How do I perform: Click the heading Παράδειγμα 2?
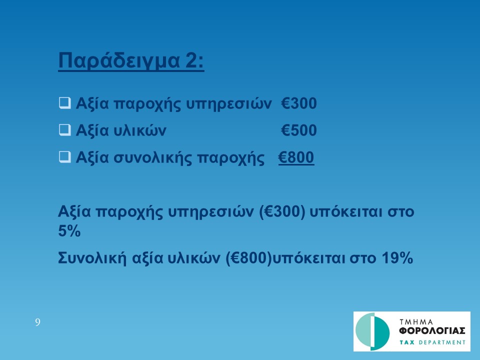[x=131, y=60]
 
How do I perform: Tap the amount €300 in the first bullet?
[x=299, y=103]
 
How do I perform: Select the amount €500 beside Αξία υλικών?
[x=299, y=130]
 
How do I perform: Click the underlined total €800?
[x=296, y=157]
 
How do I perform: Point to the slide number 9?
[x=37, y=322]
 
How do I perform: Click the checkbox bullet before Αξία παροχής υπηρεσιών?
[x=64, y=103]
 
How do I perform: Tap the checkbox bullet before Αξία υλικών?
[x=64, y=130]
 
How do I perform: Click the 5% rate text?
[x=69, y=231]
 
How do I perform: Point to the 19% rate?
[x=397, y=258]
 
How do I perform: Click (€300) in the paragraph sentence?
[x=282, y=212]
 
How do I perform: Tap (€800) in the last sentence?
[x=248, y=258]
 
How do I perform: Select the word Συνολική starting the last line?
[x=92, y=258]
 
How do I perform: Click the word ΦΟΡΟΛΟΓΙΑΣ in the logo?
[x=432, y=331]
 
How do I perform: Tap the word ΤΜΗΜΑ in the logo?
[x=416, y=322]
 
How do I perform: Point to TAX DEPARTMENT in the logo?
[x=432, y=342]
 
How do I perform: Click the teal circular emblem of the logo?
[x=372, y=331]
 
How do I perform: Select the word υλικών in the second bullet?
[x=140, y=130]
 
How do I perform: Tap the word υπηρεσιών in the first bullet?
[x=228, y=104]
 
